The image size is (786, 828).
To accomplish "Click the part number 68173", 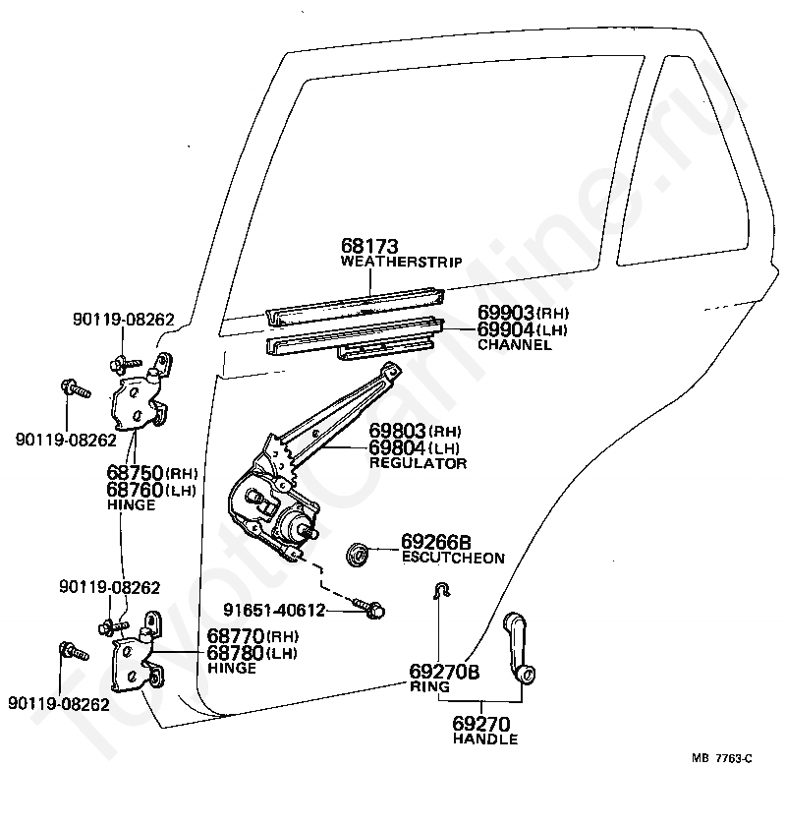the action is pos(369,246).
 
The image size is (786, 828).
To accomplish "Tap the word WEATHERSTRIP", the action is pos(402,262).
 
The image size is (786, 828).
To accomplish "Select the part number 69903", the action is pos(506,313).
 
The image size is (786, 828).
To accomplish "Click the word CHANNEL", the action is pos(514,345).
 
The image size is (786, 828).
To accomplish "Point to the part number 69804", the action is pos(397,447).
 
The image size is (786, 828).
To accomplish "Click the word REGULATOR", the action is pos(418,463).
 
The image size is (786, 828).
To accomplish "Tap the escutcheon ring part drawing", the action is pos(359,554).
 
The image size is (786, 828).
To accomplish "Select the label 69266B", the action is pos(436,542).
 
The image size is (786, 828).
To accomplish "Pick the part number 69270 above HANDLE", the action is pos(481,724).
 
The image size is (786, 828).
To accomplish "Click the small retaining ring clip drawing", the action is pos(441,590).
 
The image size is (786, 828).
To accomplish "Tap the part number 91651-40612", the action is pos(274,610).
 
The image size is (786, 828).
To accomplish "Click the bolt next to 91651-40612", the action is pos(368,608).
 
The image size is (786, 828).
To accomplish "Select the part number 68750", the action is pos(135,472).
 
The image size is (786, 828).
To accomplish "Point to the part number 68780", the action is pos(235,653).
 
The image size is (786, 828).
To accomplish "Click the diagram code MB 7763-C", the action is pos(721,759).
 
